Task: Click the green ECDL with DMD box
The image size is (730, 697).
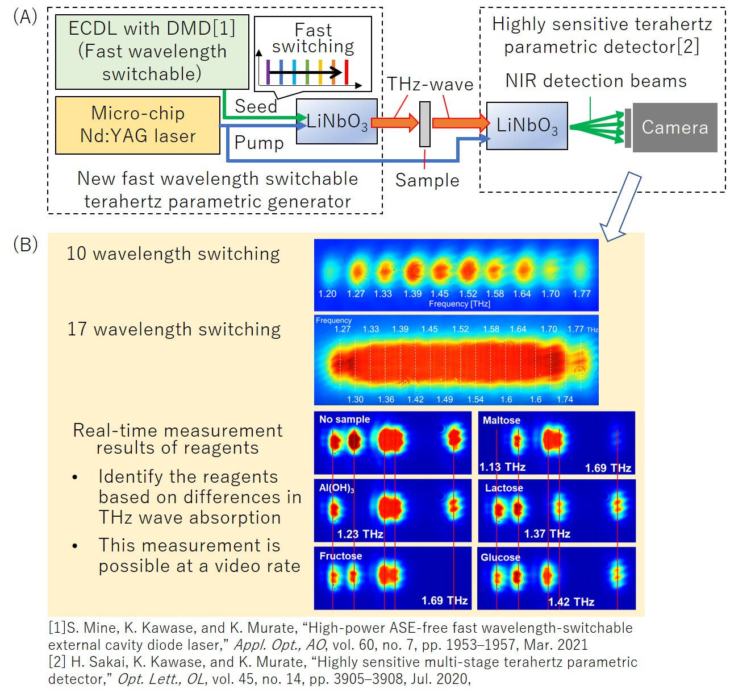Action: pyautogui.click(x=152, y=52)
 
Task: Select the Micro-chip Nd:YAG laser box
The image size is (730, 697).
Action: pyautogui.click(x=137, y=125)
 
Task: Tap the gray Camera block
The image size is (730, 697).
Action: pyautogui.click(x=674, y=127)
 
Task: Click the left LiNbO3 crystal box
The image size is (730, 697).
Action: pyautogui.click(x=337, y=122)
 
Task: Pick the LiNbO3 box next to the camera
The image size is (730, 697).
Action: pyautogui.click(x=527, y=126)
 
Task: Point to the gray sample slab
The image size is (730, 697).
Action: pyautogui.click(x=424, y=124)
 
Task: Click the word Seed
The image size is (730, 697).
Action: pyautogui.click(x=256, y=106)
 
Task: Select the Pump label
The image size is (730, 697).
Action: pyautogui.click(x=259, y=143)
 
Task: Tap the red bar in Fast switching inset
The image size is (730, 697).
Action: pyautogui.click(x=347, y=72)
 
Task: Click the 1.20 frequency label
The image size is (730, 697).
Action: pyautogui.click(x=327, y=294)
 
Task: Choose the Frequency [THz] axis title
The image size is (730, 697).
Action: pyautogui.click(x=459, y=304)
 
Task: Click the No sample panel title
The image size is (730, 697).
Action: pyautogui.click(x=344, y=420)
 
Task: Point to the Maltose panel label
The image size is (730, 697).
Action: pyautogui.click(x=501, y=421)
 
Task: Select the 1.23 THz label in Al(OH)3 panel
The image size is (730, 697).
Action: pyautogui.click(x=360, y=534)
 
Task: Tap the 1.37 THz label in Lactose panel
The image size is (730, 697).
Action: pyautogui.click(x=547, y=534)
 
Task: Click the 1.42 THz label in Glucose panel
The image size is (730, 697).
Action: pyautogui.click(x=571, y=602)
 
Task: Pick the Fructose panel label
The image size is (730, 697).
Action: pyautogui.click(x=340, y=556)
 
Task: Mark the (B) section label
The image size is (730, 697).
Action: pyautogui.click(x=26, y=244)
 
